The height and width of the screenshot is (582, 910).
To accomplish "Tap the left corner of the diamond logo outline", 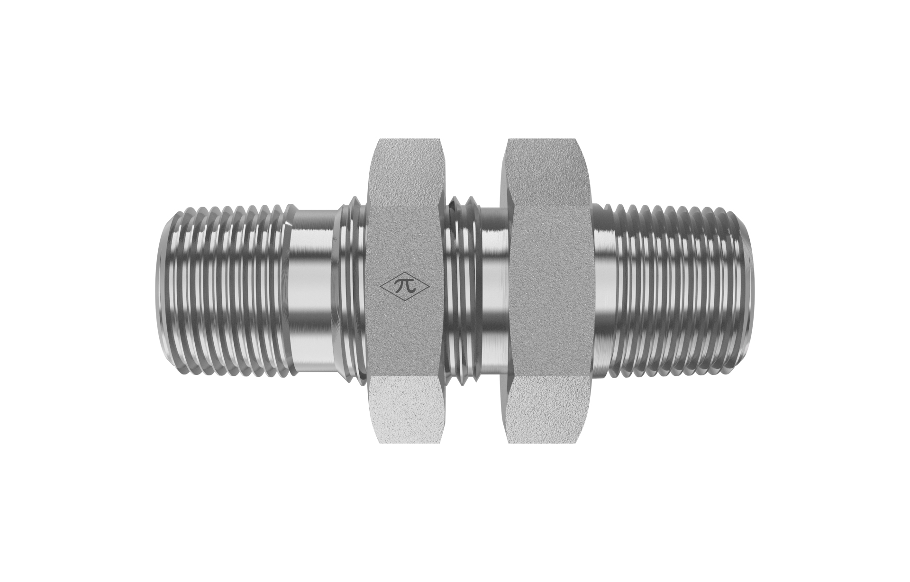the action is [x=380, y=286].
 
